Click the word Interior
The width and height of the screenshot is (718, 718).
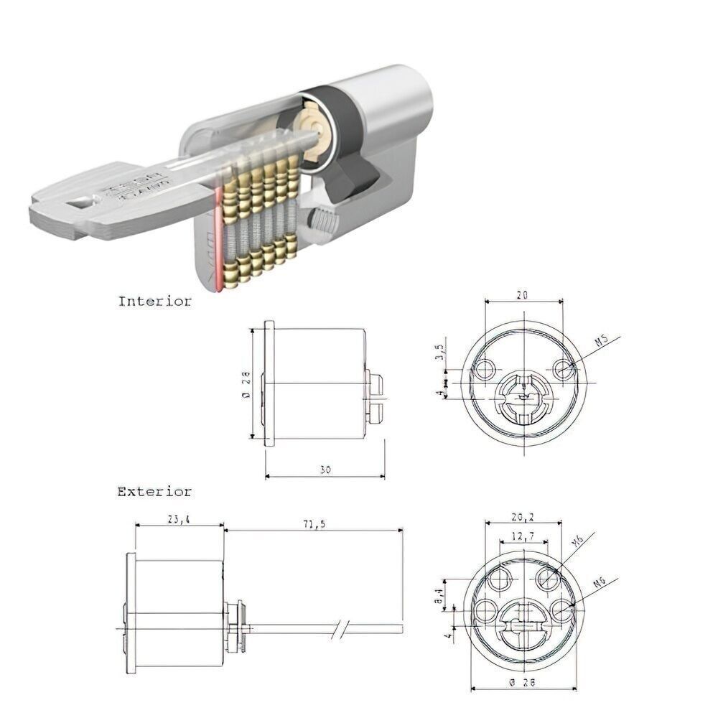154,302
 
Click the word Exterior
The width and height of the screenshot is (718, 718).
154,493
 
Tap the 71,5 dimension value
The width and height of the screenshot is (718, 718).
314,524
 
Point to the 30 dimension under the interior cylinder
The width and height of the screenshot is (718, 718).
325,470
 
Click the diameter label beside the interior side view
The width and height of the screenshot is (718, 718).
244,383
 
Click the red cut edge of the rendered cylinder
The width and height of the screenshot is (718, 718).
217,241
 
